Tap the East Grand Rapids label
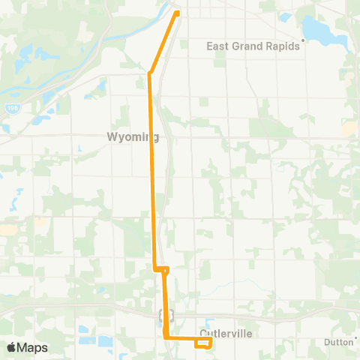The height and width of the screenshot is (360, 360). (252, 46)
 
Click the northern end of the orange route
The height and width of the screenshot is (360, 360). (177, 13)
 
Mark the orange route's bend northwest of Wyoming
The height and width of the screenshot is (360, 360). (151, 73)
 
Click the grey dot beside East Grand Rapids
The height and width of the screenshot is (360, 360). (303, 40)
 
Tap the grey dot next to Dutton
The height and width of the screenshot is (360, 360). (357, 337)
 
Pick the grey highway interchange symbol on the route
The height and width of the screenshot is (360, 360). (166, 316)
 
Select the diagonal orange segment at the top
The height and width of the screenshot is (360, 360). (164, 43)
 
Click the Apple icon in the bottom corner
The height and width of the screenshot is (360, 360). (11, 347)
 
